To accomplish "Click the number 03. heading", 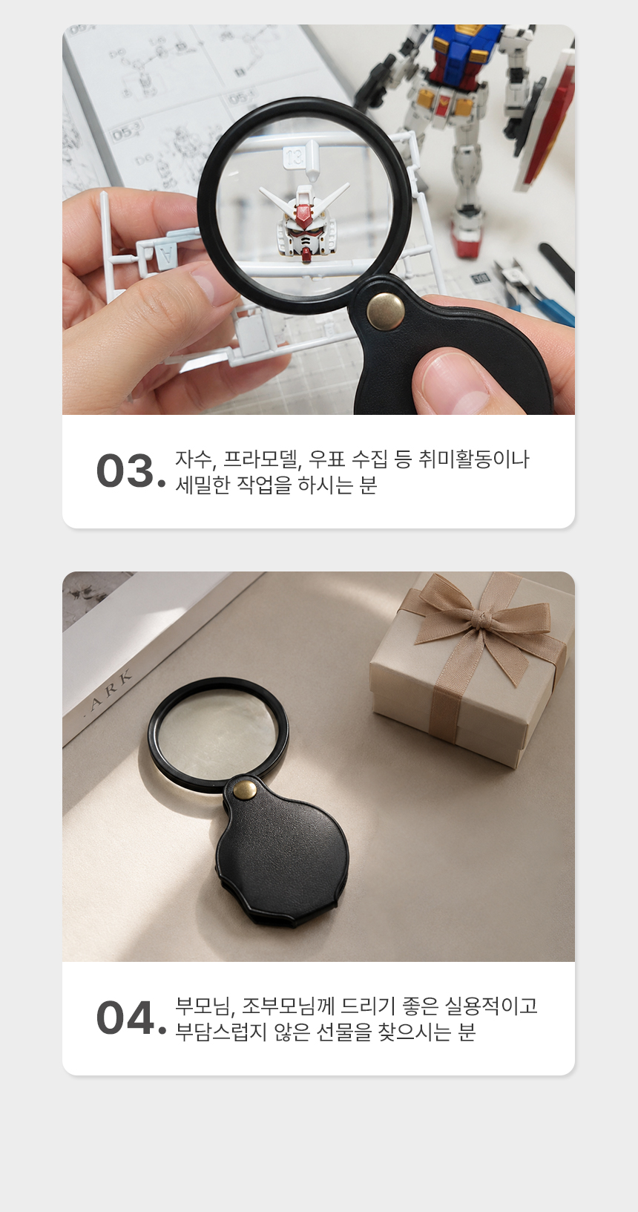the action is click(131, 471).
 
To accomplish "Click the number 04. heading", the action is click(131, 1018).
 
